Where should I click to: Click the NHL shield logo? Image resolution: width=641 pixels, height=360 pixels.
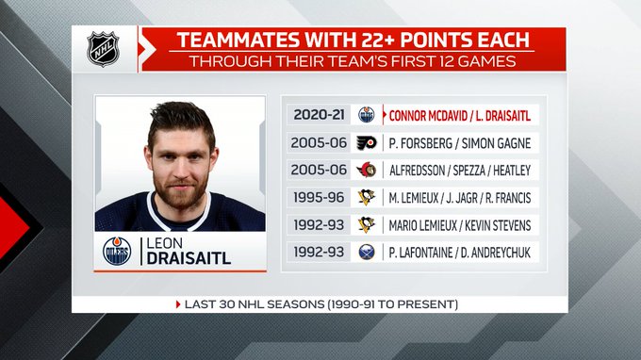[103, 49]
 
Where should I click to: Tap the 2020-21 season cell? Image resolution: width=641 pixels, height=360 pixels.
[319, 115]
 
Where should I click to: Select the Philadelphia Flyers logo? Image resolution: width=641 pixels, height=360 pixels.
[367, 142]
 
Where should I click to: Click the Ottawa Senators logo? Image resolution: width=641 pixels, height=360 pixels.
[367, 170]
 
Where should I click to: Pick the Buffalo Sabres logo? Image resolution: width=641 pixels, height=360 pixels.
[367, 253]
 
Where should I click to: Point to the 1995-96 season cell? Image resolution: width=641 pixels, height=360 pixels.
[319, 197]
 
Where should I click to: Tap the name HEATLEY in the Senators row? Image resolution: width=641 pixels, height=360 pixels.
[512, 171]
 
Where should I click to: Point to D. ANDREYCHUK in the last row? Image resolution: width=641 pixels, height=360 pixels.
[496, 253]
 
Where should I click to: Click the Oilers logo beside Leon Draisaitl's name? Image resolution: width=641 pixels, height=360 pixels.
[117, 251]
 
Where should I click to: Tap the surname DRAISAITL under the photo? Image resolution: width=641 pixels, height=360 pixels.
[189, 258]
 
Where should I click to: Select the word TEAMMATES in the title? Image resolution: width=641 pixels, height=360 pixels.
[238, 40]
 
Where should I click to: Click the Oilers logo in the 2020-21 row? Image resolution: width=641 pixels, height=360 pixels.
[367, 115]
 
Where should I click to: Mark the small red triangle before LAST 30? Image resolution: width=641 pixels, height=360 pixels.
[178, 304]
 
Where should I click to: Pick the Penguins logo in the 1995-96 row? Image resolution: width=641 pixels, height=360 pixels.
[367, 197]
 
